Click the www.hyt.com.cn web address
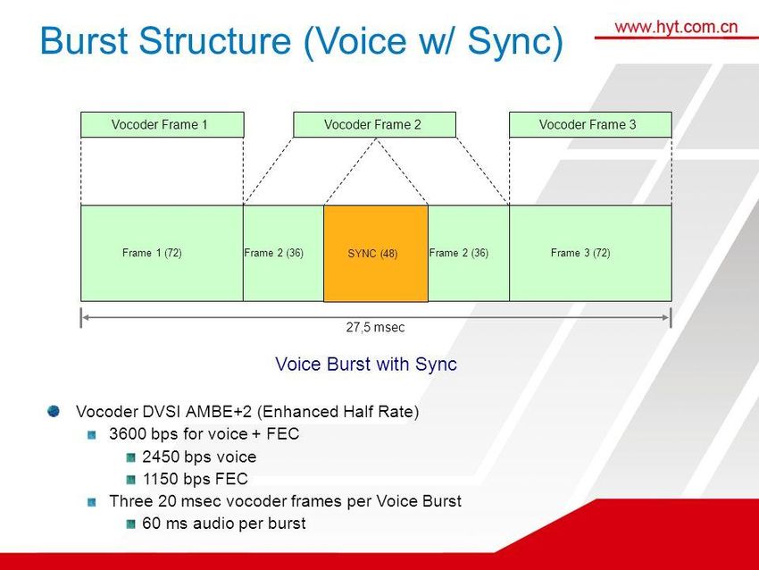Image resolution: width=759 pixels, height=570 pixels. pyautogui.click(x=676, y=26)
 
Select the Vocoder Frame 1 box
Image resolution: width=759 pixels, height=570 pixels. pyautogui.click(x=162, y=125)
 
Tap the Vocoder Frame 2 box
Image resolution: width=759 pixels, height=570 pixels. pyautogui.click(x=374, y=125)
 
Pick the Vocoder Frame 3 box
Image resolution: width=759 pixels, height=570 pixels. pyautogui.click(x=589, y=125)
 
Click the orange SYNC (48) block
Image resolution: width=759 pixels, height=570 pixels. pyautogui.click(x=375, y=254)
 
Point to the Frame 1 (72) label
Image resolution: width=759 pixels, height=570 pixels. pyautogui.click(x=152, y=253)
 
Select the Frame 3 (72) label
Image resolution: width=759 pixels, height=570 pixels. pyautogui.click(x=580, y=253)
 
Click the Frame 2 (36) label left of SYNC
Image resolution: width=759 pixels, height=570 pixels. pyautogui.click(x=274, y=253)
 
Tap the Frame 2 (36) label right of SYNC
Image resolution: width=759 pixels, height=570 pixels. pyautogui.click(x=459, y=253)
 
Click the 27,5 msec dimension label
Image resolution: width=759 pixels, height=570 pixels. pyautogui.click(x=375, y=328)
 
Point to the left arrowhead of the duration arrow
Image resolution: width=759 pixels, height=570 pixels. pyautogui.click(x=85, y=316)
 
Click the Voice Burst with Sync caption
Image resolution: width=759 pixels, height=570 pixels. pyautogui.click(x=366, y=365)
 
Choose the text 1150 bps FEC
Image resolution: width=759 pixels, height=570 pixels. pyautogui.click(x=195, y=479)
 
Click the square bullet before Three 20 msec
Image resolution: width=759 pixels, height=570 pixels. pyautogui.click(x=93, y=500)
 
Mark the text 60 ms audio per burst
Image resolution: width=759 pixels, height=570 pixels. pyautogui.click(x=223, y=523)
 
